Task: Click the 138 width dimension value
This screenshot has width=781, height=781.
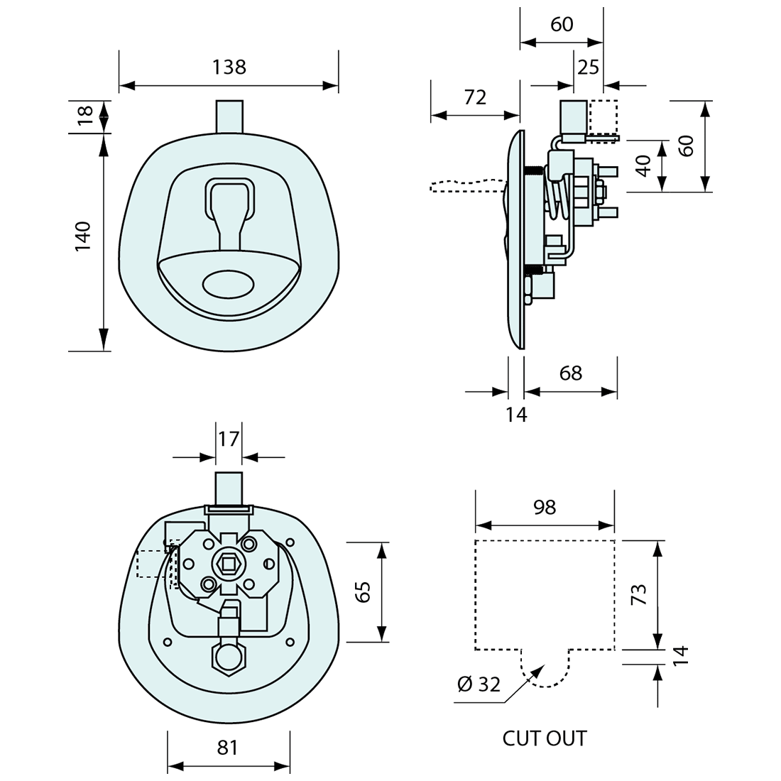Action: coord(229,67)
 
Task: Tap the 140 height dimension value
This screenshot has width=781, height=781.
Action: coord(83,236)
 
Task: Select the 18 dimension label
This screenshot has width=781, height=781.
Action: coord(84,115)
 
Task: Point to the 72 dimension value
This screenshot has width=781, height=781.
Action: coord(475,97)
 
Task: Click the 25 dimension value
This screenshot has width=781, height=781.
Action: coord(589,67)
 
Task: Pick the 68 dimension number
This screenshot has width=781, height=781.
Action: coord(570,373)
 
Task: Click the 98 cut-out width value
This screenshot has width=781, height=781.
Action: coord(544,507)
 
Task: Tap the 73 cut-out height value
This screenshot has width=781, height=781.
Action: coord(639,594)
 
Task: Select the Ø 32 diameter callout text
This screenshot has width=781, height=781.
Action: coord(479,684)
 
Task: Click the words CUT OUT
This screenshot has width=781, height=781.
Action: coord(545,738)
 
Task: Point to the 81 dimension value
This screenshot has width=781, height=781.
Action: coord(227,748)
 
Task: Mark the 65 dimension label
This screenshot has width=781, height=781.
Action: coord(363,592)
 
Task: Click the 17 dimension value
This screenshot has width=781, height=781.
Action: coord(229,439)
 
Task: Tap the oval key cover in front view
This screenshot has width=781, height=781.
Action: coord(227,284)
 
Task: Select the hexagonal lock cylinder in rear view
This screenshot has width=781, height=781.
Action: coord(229,657)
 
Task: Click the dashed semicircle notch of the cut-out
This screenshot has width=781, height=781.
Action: coord(545,672)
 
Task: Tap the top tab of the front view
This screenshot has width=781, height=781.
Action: coord(229,115)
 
